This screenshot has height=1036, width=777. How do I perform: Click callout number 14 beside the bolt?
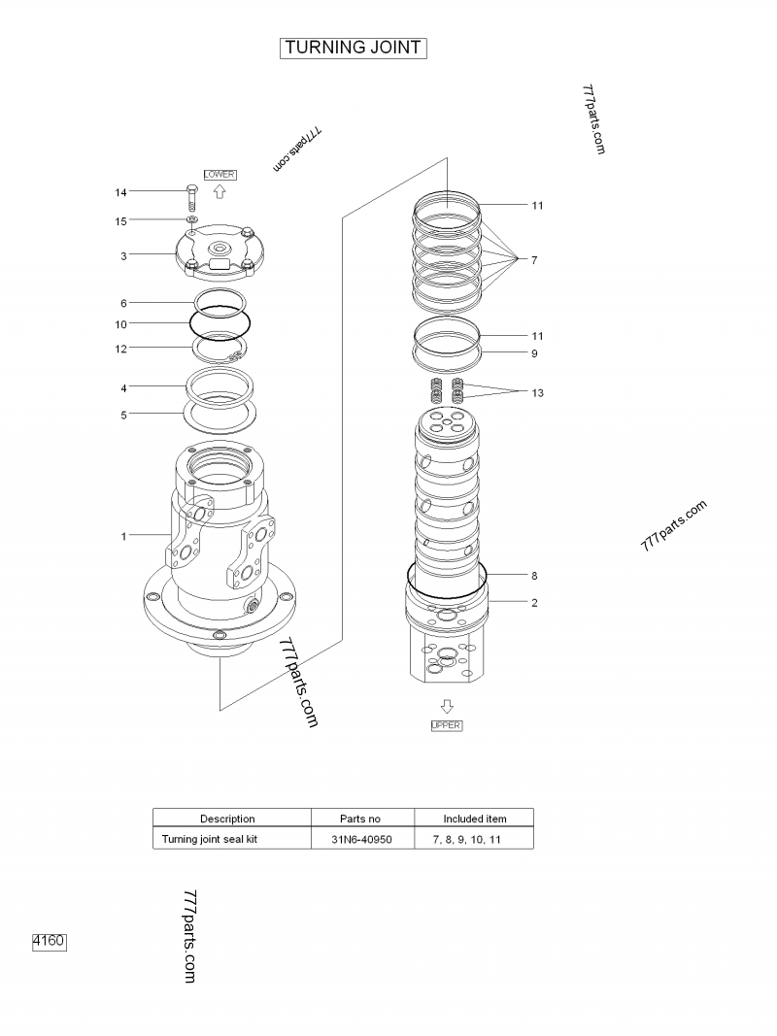(x=121, y=193)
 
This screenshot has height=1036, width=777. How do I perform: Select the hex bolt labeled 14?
(x=191, y=198)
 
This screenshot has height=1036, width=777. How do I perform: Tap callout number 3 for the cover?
(x=123, y=256)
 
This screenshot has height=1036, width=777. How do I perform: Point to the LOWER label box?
(x=219, y=174)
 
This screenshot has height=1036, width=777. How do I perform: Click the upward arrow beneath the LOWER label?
(x=219, y=190)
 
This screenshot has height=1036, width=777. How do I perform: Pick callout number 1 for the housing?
(x=123, y=536)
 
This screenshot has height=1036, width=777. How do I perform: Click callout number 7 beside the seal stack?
(x=534, y=260)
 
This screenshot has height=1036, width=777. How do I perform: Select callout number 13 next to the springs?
(x=537, y=393)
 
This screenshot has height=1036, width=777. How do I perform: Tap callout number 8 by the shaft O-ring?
(x=534, y=575)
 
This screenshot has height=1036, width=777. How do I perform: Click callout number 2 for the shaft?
(x=534, y=602)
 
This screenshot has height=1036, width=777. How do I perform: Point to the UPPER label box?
(x=447, y=725)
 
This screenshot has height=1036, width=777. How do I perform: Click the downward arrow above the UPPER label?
(x=447, y=708)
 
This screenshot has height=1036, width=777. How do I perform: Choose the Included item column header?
(x=475, y=819)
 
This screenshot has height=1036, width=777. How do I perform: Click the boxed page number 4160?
(x=50, y=941)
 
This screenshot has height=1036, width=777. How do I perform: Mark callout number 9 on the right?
(x=534, y=353)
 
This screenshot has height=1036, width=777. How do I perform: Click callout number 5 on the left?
(x=123, y=415)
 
